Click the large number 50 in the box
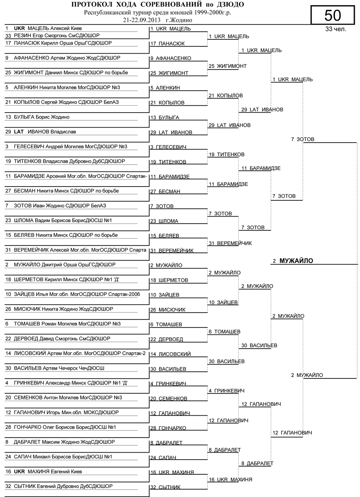[333, 16]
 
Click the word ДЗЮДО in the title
[230, 5]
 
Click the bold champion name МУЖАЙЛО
[296, 261]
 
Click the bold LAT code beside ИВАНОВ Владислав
[19, 132]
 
